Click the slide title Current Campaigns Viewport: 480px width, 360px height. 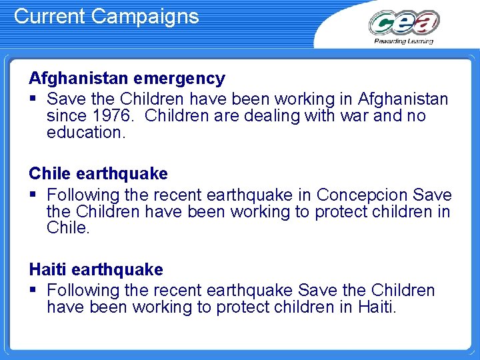(x=106, y=16)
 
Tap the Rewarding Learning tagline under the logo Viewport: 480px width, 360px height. (x=403, y=41)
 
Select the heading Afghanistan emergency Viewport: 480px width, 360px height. (x=127, y=78)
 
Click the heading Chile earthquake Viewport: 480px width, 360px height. (x=98, y=173)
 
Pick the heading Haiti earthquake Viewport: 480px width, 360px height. (x=95, y=269)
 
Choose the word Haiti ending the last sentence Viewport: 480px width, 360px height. (x=376, y=307)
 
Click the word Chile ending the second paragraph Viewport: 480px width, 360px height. (x=67, y=228)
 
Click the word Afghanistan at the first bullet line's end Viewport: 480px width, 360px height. (x=403, y=99)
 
